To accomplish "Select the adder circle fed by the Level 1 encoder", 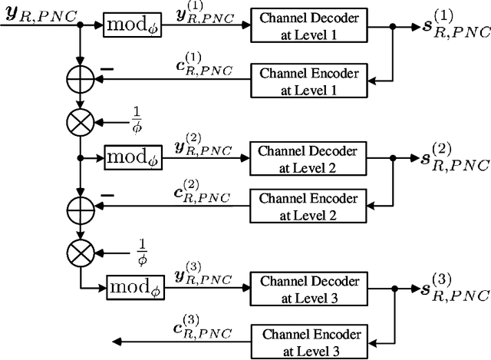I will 80,80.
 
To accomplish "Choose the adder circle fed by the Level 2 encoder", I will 80,208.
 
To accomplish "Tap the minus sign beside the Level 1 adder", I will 107,69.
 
